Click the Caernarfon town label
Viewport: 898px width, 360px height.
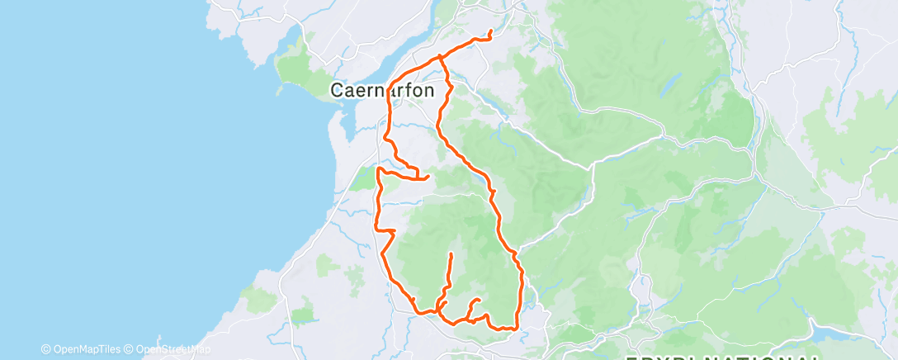pyautogui.click(x=382, y=90)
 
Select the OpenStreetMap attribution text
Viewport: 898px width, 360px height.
pyautogui.click(x=168, y=348)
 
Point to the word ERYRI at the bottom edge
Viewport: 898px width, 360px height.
pyautogui.click(x=661, y=357)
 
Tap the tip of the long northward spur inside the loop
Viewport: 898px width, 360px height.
pyautogui.click(x=451, y=253)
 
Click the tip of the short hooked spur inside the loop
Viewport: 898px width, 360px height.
pyautogui.click(x=480, y=300)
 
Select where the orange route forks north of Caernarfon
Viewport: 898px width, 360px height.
pyautogui.click(x=440, y=58)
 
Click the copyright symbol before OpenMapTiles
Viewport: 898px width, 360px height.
pyautogui.click(x=45, y=348)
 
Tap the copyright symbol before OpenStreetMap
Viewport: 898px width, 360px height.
pyautogui.click(x=129, y=348)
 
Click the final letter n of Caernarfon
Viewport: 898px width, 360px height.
pyautogui.click(x=428, y=91)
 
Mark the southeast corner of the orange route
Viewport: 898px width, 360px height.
pyautogui.click(x=517, y=328)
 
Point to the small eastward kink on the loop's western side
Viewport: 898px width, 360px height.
pyautogui.click(x=393, y=230)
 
